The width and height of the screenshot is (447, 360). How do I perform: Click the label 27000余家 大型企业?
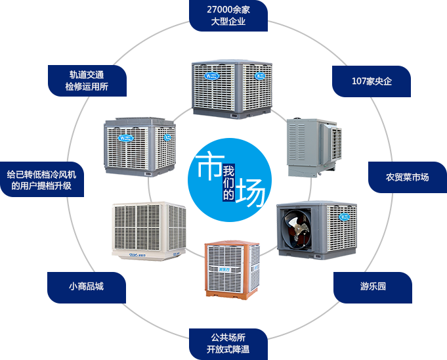228,16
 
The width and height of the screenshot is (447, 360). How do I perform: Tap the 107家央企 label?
372,81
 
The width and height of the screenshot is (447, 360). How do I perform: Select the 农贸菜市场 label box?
407,177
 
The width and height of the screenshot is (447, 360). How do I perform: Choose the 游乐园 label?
373,287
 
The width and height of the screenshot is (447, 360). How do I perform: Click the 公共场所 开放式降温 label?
228,343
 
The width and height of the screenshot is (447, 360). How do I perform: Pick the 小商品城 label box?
86,287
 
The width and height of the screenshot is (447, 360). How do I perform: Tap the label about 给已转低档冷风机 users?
41,180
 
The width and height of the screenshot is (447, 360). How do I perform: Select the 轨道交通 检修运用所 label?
87,81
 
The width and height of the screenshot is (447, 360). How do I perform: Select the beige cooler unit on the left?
148,231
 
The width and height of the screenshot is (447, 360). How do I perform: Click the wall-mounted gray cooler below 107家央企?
313,147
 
